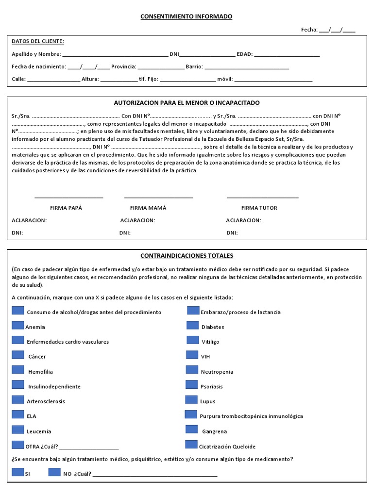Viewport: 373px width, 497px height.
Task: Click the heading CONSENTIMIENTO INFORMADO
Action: (x=186, y=17)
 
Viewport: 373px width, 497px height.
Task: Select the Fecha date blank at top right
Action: (x=337, y=30)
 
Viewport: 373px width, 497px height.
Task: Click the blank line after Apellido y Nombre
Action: (x=115, y=54)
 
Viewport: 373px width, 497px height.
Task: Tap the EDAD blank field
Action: (x=287, y=54)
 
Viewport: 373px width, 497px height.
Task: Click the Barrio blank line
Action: (x=247, y=67)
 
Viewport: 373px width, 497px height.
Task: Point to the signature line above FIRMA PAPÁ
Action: (x=69, y=197)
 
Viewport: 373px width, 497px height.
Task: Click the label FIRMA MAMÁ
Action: (x=148, y=208)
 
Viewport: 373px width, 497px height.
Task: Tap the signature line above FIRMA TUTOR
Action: (x=262, y=197)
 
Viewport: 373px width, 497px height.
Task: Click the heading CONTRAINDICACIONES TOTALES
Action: (x=186, y=256)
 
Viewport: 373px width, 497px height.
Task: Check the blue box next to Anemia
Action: (x=18, y=326)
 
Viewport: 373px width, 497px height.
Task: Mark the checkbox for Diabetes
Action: (x=193, y=326)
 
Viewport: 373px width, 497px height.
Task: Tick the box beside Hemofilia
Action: (x=18, y=370)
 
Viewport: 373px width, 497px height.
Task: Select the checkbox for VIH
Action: (x=192, y=355)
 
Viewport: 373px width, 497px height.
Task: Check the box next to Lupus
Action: (x=191, y=400)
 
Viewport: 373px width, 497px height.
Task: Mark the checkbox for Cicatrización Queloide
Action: (x=191, y=445)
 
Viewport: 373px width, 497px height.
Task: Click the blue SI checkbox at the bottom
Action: (x=18, y=472)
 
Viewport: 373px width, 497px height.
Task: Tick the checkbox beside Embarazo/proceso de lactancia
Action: (x=193, y=311)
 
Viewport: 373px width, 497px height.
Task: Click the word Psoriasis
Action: (x=212, y=387)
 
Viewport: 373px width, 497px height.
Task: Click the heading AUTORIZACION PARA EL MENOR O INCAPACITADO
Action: (x=186, y=103)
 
